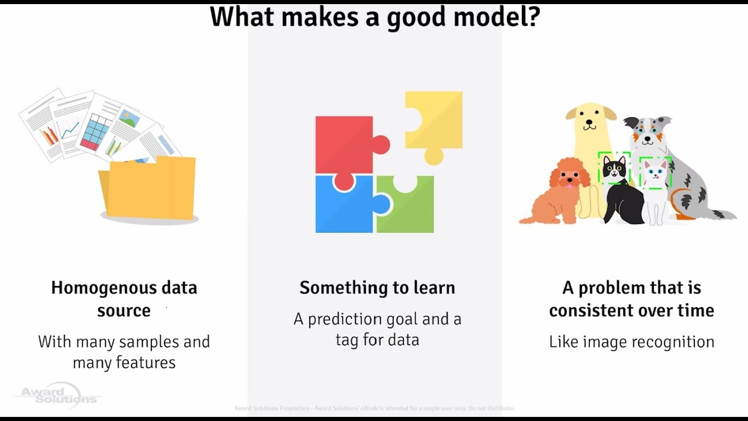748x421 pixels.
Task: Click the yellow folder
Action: pyautogui.click(x=149, y=188)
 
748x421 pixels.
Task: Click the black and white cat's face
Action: pyautogui.click(x=614, y=168)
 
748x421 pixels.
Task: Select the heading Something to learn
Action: pyautogui.click(x=377, y=288)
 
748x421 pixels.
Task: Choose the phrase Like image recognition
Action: pyautogui.click(x=631, y=342)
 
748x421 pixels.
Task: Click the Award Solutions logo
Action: pyautogui.click(x=57, y=394)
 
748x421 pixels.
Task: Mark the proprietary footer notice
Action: pyautogui.click(x=374, y=408)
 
